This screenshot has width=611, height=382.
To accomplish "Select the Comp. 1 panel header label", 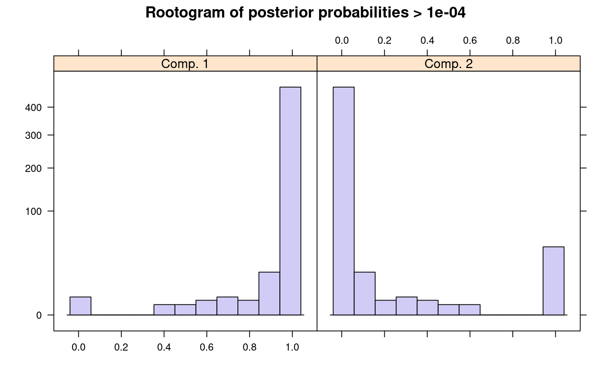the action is (x=185, y=64).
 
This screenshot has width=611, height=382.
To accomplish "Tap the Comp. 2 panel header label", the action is (x=448, y=64).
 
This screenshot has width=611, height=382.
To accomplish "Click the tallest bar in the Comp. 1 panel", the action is (x=290, y=201).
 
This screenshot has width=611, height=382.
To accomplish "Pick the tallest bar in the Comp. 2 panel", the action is (x=344, y=201).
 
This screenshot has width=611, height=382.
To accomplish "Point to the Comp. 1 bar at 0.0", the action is (x=80, y=306).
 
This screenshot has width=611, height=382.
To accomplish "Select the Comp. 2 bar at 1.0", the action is (x=553, y=281).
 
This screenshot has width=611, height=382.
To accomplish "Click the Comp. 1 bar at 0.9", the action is (x=269, y=294).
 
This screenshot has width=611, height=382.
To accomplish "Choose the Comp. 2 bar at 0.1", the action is (x=365, y=294).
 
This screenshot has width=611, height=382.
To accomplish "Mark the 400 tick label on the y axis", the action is (x=33, y=107).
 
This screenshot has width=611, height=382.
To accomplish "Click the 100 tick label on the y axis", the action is (x=33, y=211).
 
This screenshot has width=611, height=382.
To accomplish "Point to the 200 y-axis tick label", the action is (x=33, y=168).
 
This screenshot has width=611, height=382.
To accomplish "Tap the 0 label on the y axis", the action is (x=39, y=316).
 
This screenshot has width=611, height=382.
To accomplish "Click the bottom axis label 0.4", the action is (x=164, y=347).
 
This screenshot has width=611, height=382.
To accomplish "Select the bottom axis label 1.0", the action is (x=292, y=347).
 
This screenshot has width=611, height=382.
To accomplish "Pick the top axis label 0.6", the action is (x=470, y=40).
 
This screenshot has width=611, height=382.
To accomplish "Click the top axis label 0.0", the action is (x=342, y=40).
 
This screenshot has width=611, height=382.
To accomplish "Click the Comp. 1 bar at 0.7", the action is (x=227, y=306).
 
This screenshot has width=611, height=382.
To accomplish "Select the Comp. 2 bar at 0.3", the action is (x=407, y=306).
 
